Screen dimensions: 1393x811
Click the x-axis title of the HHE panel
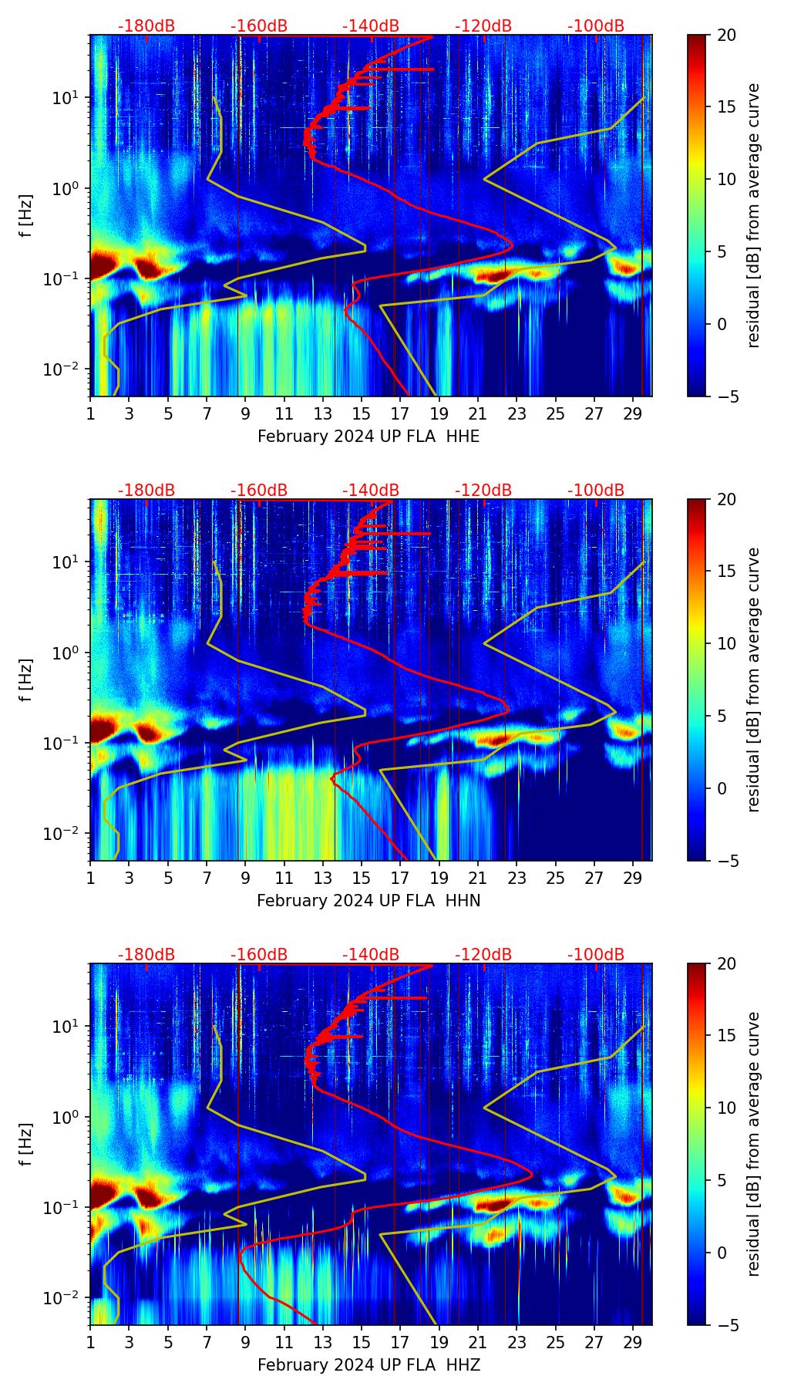coord(368,437)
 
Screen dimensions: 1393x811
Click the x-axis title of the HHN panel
coord(368,901)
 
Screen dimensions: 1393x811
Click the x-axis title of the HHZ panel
coord(368,1365)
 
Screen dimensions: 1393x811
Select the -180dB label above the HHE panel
coord(146,26)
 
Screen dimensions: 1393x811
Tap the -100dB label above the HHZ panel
coord(596,955)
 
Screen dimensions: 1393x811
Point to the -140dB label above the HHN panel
coord(371,491)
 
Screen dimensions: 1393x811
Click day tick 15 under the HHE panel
coord(362,413)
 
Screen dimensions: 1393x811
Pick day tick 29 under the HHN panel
coord(633,878)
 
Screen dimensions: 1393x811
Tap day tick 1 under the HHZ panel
coord(90,1342)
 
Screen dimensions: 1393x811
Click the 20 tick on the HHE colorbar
coord(726,35)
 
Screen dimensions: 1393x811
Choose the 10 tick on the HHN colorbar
coord(726,643)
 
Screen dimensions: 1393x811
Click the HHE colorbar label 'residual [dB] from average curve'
coord(753,215)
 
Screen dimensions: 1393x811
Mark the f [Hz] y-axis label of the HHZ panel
coord(26,1144)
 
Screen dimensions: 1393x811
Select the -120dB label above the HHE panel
coord(483,26)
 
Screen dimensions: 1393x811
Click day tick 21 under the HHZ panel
coord(478,1342)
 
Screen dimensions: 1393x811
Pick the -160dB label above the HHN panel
coord(259,491)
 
